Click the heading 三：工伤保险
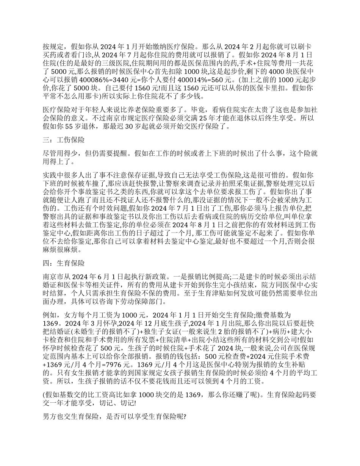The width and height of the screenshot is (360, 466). click(x=64, y=140)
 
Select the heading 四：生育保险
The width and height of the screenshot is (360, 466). click(x=64, y=263)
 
